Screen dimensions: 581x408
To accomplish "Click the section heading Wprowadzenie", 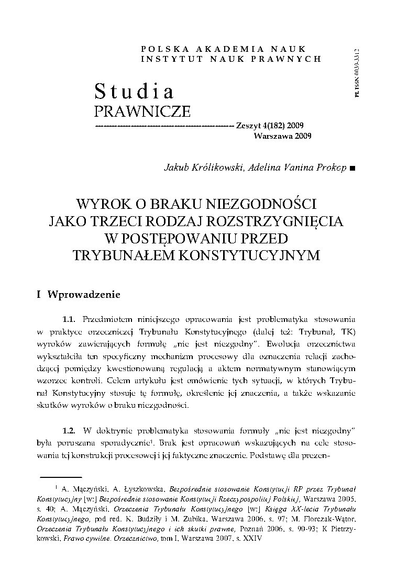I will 84,294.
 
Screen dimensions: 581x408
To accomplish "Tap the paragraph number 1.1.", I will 70,318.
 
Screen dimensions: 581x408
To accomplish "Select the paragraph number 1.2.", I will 70,430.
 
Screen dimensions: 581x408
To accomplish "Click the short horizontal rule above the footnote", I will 61,477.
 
